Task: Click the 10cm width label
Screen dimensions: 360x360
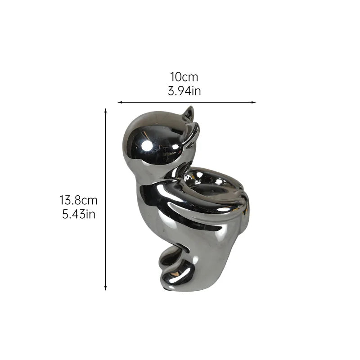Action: click(184, 77)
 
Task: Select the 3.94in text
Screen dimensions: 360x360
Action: click(184, 91)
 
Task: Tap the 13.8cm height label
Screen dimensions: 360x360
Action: click(78, 200)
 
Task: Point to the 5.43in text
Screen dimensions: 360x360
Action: click(78, 214)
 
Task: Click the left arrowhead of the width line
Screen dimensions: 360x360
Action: click(120, 102)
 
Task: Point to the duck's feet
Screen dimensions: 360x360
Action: click(173, 265)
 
